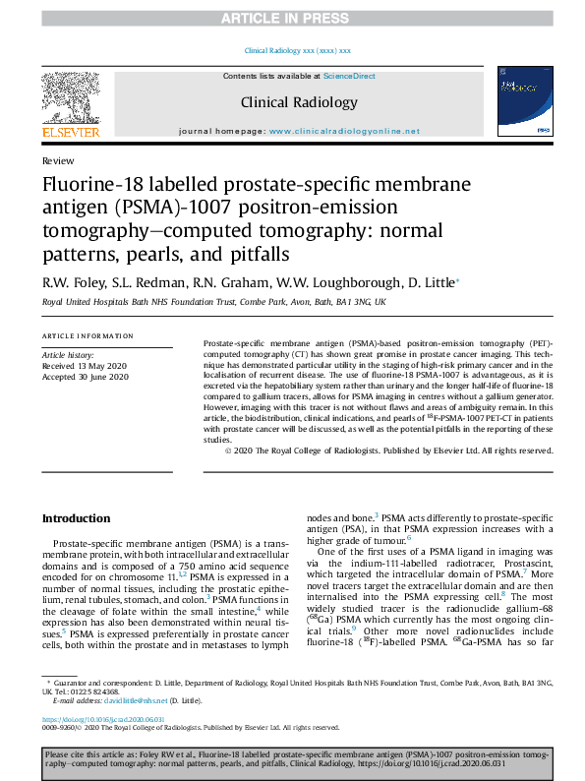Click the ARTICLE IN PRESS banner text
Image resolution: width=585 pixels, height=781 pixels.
pyautogui.click(x=292, y=19)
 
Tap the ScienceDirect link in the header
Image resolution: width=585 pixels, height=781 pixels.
pyautogui.click(x=349, y=76)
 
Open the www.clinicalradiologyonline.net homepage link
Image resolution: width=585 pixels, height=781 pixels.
pyautogui.click(x=344, y=131)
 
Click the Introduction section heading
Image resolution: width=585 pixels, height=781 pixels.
pyautogui.click(x=76, y=518)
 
